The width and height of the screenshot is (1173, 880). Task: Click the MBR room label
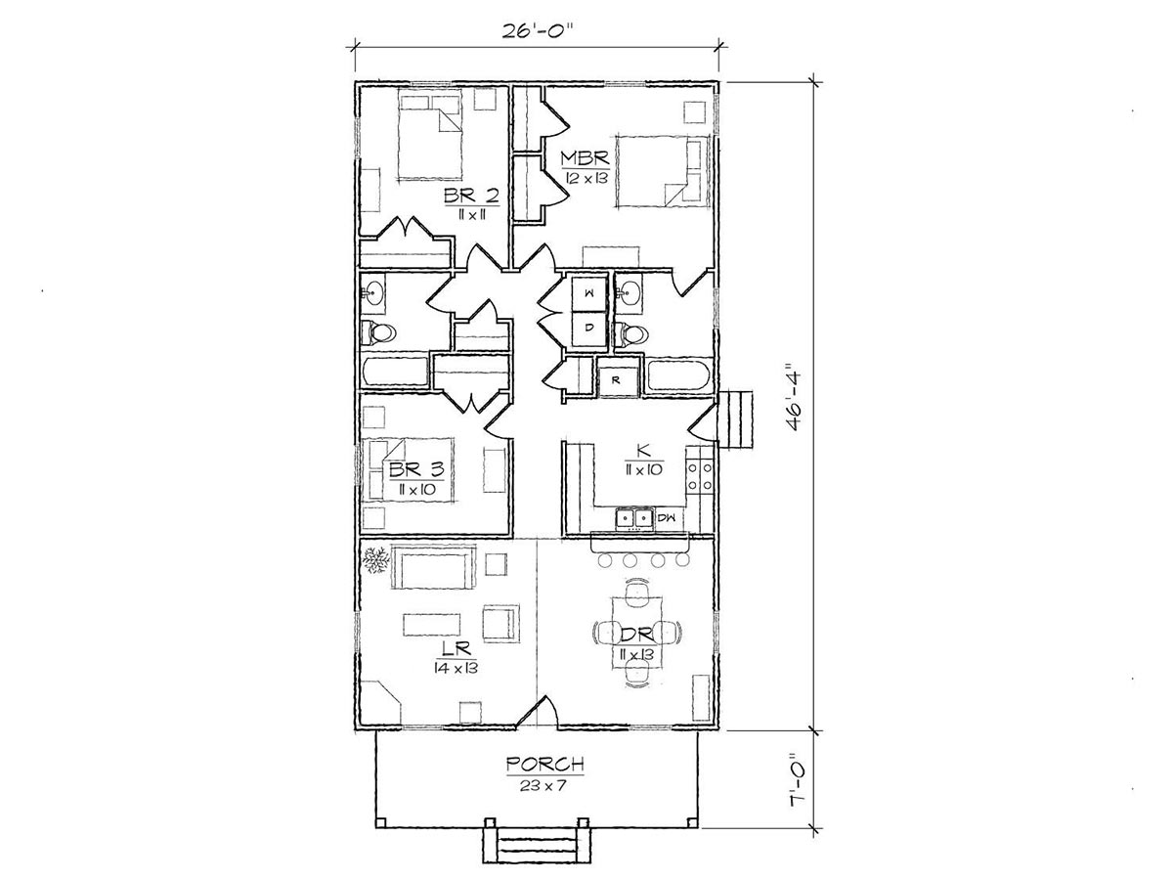(585, 158)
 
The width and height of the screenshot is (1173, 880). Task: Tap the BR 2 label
(471, 197)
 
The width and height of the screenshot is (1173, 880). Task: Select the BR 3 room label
(415, 469)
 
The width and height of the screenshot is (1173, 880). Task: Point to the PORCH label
(544, 765)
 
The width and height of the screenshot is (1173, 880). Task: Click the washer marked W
(589, 292)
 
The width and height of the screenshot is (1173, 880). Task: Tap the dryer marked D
(589, 328)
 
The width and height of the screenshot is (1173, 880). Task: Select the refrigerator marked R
(617, 380)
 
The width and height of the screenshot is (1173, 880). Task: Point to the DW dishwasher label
(667, 517)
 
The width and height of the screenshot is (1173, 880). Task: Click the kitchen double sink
(634, 518)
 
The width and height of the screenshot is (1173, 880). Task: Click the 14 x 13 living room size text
(456, 668)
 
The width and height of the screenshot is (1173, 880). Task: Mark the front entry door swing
(539, 711)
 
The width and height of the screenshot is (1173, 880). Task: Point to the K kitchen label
(644, 452)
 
